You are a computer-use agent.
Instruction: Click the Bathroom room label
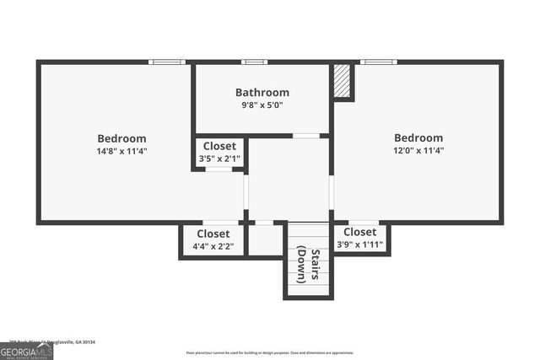pyautogui.click(x=262, y=93)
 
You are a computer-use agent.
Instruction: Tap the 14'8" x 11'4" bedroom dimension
pyautogui.click(x=121, y=152)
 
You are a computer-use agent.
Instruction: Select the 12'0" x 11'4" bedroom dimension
pyautogui.click(x=418, y=151)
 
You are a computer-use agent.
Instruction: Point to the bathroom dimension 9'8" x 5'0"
pyautogui.click(x=262, y=105)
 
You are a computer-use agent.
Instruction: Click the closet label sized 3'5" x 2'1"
pyautogui.click(x=219, y=146)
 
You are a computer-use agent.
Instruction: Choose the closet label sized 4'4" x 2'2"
pyautogui.click(x=213, y=234)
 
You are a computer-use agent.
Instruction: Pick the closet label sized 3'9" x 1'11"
pyautogui.click(x=360, y=232)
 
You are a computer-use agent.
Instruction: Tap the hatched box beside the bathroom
pyautogui.click(x=342, y=81)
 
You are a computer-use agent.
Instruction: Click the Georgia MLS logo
pyautogui.click(x=26, y=351)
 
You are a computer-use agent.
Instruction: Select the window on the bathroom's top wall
pyautogui.click(x=254, y=62)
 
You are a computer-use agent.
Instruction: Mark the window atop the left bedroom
pyautogui.click(x=167, y=62)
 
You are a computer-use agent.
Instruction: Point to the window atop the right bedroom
pyautogui.click(x=378, y=62)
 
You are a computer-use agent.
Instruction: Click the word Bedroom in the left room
pyautogui.click(x=121, y=138)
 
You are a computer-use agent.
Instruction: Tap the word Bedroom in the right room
pyautogui.click(x=418, y=138)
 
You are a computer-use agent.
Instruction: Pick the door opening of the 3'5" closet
pyautogui.click(x=219, y=169)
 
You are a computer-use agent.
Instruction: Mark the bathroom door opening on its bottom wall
pyautogui.click(x=306, y=135)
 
